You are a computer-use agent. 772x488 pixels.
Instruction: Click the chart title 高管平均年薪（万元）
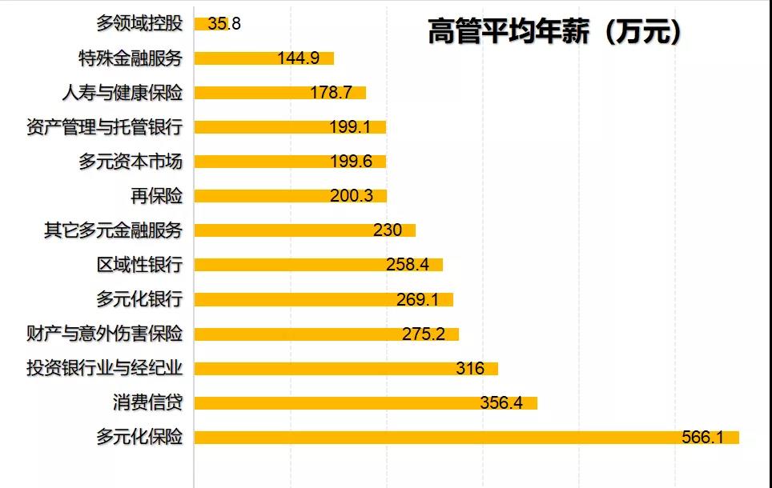(x=554, y=31)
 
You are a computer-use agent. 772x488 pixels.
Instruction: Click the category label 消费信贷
(x=149, y=402)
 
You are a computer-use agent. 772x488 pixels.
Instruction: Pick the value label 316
(x=470, y=368)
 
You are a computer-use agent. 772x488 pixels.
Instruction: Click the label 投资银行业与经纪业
(x=104, y=368)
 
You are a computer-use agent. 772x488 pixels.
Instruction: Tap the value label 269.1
(x=417, y=299)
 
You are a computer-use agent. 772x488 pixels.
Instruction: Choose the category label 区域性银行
(x=139, y=265)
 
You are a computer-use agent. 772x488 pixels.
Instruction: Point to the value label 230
(x=387, y=230)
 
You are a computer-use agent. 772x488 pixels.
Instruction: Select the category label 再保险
(x=157, y=196)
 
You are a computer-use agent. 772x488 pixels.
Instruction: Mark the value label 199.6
(x=351, y=162)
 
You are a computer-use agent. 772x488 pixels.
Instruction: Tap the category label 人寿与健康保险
(x=122, y=93)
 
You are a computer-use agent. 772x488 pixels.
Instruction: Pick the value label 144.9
(x=298, y=58)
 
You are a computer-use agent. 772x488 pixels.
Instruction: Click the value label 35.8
(x=224, y=24)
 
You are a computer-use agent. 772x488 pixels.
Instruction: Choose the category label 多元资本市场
(x=131, y=162)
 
